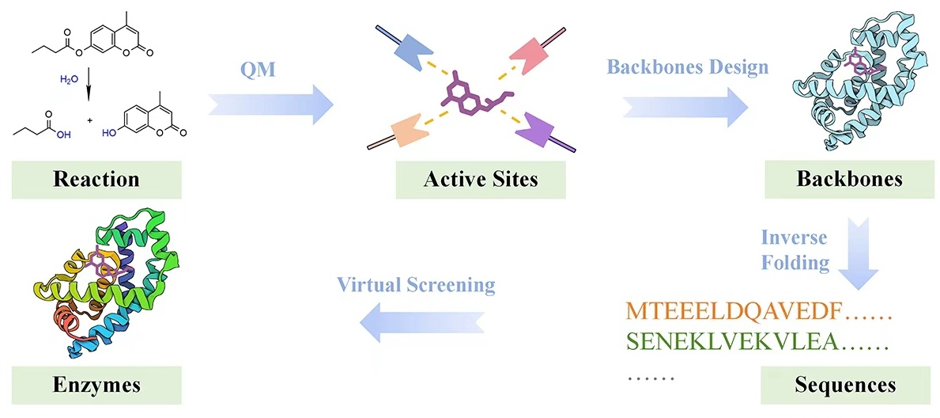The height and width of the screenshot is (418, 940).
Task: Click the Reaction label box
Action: pos(96,178)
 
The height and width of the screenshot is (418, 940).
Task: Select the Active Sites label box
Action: pos(481,178)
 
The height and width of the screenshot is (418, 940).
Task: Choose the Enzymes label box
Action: pos(96,386)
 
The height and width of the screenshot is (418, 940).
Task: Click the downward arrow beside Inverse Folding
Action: pos(857,253)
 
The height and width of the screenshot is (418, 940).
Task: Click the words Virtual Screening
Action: pos(416,284)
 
